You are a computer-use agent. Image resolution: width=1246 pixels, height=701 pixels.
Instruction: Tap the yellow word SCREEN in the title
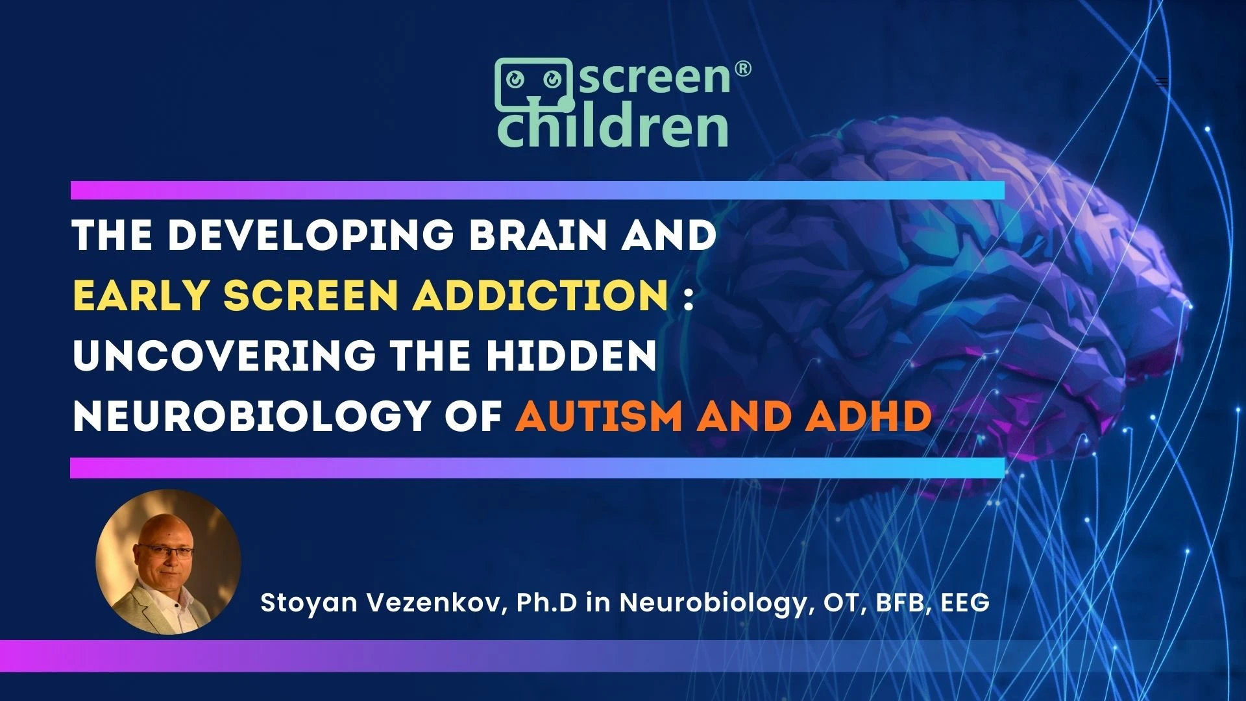[310, 295]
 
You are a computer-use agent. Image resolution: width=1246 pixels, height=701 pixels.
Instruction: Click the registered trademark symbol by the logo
[742, 70]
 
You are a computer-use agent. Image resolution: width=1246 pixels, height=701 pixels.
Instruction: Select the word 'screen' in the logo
[654, 77]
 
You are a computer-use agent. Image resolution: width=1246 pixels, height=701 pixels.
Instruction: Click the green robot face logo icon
[534, 84]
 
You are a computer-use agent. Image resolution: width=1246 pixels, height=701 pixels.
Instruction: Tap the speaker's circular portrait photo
[168, 562]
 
